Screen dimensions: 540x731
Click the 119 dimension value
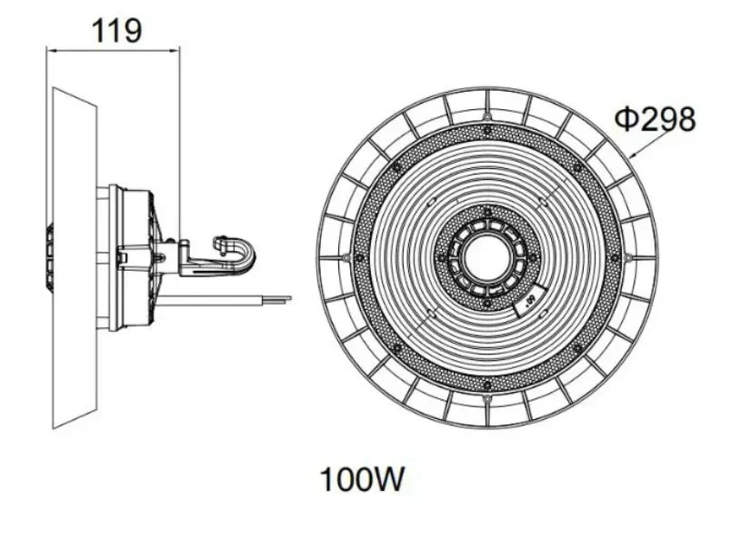(115, 30)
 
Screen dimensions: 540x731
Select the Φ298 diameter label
(655, 119)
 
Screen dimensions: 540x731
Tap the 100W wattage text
(360, 478)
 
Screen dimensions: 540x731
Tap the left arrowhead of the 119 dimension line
(50, 51)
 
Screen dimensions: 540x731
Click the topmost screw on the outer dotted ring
(487, 130)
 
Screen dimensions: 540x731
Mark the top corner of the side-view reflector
(54, 88)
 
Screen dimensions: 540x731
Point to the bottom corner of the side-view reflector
(54, 427)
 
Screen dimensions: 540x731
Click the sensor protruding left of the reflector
(49, 258)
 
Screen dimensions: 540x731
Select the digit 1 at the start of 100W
(325, 478)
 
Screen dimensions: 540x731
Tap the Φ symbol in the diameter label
(626, 119)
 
